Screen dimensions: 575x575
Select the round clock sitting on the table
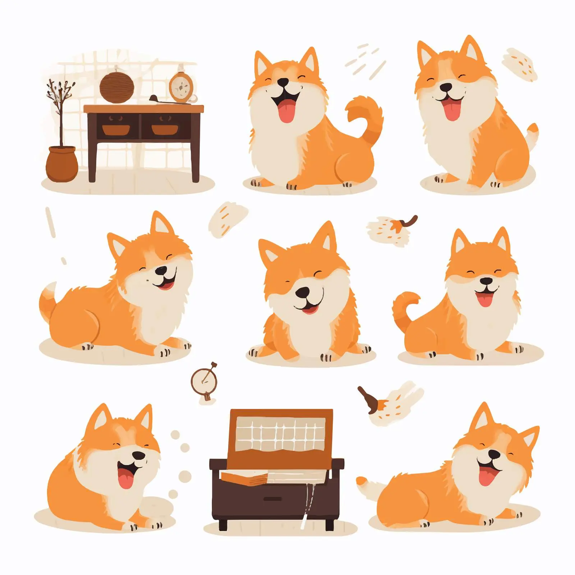pyautogui.click(x=181, y=86)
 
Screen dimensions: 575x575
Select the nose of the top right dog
pyautogui.click(x=446, y=87)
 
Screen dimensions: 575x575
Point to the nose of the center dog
pyautogui.click(x=303, y=293)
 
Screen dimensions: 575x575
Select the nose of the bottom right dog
pyautogui.click(x=495, y=454)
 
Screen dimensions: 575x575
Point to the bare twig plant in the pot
pyautogui.click(x=60, y=108)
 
